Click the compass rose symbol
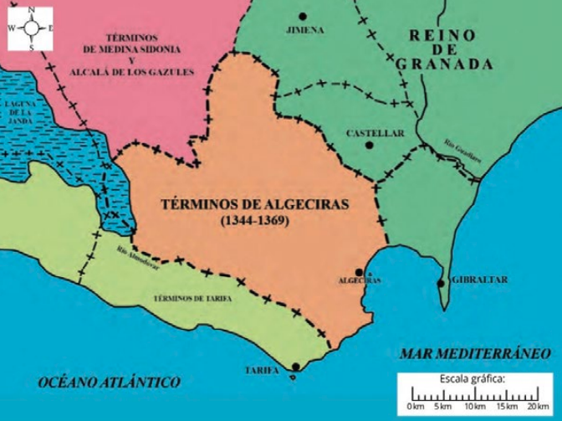click(31, 28)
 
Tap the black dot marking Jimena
click(302, 16)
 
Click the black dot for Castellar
click(369, 145)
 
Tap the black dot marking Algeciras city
click(359, 271)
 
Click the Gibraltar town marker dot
click(441, 283)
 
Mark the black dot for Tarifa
click(296, 367)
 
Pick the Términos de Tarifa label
click(192, 298)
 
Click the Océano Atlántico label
click(110, 382)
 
